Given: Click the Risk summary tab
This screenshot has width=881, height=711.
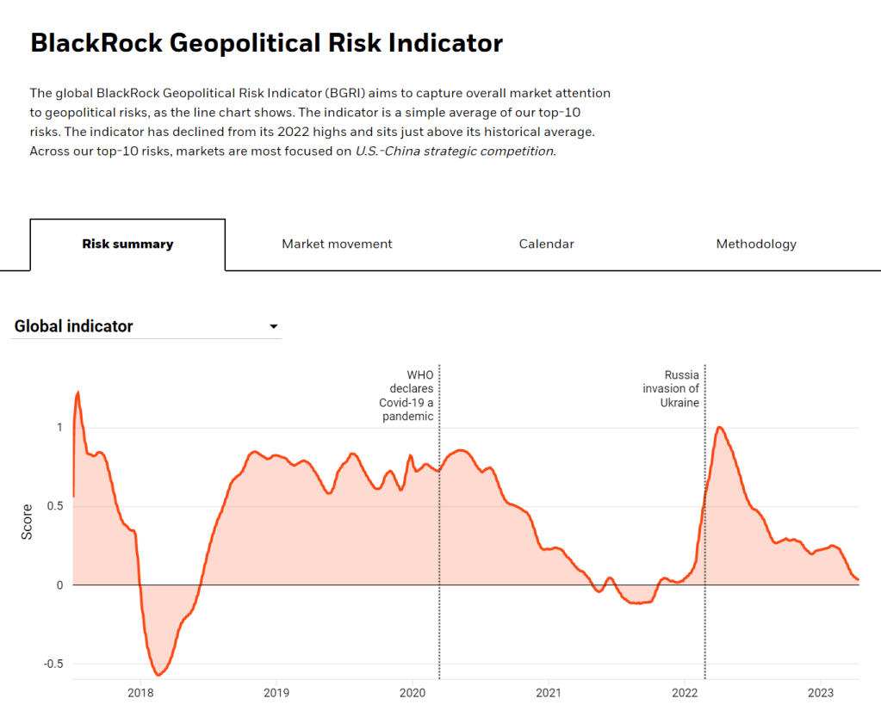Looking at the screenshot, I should [x=127, y=244].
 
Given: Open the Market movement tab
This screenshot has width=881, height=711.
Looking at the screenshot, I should [x=337, y=244].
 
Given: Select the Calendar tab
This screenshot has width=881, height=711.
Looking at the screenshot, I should [x=546, y=244].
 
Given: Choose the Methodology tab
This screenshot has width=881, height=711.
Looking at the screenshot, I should [x=756, y=244].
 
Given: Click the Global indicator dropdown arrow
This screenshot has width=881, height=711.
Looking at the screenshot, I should [x=274, y=327].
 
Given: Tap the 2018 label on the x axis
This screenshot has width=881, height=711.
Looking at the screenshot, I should [x=140, y=693].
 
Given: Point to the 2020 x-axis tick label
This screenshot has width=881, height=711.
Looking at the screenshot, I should [x=413, y=693].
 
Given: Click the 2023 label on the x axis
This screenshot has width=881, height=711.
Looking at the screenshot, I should [x=821, y=693].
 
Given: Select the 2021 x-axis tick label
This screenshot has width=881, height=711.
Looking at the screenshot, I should [x=549, y=693].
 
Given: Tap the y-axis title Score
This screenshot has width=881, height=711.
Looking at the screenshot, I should [x=27, y=522].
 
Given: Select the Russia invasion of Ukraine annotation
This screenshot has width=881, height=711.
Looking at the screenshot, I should [x=671, y=389].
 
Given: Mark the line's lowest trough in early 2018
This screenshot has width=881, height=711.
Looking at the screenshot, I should [x=158, y=675].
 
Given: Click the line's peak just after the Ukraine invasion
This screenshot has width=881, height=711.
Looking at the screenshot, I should [x=720, y=427].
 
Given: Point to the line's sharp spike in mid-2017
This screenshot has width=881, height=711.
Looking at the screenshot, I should [x=78, y=393].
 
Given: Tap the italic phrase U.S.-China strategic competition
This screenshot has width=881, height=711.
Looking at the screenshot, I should [x=456, y=151].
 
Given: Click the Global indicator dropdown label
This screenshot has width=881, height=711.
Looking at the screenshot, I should [x=74, y=327].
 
